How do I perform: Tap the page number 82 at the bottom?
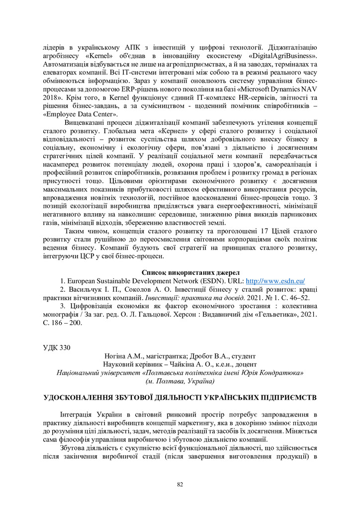pyautogui.click(x=180, y=484)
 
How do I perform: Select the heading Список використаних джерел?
pyautogui.click(x=190, y=272)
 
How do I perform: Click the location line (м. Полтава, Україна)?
pyautogui.click(x=180, y=381)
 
